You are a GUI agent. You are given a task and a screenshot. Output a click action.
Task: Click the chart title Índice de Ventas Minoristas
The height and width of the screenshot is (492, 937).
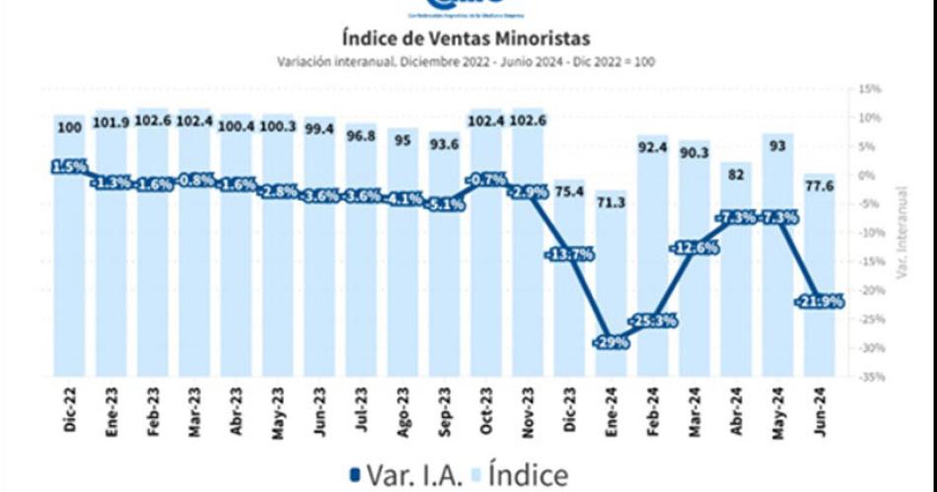point(467,38)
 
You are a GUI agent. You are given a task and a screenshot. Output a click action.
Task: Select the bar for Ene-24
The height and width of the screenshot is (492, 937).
point(611,296)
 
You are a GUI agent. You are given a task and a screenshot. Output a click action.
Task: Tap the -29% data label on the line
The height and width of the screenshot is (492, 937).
point(610,341)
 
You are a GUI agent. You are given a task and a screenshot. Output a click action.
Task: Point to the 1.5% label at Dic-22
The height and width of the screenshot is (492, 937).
point(69,167)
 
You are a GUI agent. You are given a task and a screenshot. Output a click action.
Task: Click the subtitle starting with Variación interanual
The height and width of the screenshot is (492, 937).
point(467,61)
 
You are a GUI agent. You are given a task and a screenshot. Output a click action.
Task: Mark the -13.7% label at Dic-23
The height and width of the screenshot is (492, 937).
point(568,254)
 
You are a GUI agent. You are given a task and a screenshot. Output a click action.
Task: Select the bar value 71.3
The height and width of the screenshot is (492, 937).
point(611,202)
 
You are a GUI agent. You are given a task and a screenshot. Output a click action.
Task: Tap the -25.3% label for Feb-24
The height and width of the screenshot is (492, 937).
point(652,320)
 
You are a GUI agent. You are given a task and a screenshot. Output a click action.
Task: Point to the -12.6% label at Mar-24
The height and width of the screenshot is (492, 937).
point(694,247)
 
